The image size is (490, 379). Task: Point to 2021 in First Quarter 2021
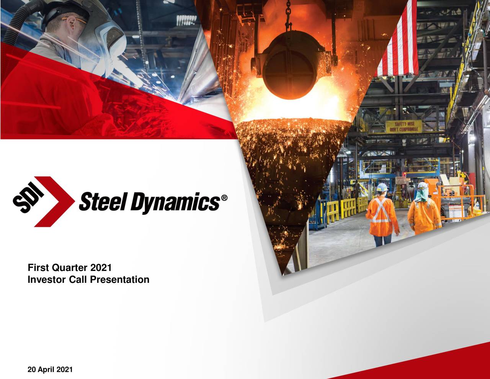click(101, 268)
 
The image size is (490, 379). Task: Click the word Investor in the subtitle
click(47, 280)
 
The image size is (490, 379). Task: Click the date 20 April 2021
click(50, 370)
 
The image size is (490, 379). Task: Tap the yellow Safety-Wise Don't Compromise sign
click(403, 126)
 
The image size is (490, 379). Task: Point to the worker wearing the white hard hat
click(382, 213)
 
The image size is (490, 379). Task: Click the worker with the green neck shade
click(423, 209)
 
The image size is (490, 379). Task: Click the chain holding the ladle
click(288, 15)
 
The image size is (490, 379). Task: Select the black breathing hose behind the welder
click(17, 23)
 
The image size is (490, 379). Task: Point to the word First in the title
click(38, 268)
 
